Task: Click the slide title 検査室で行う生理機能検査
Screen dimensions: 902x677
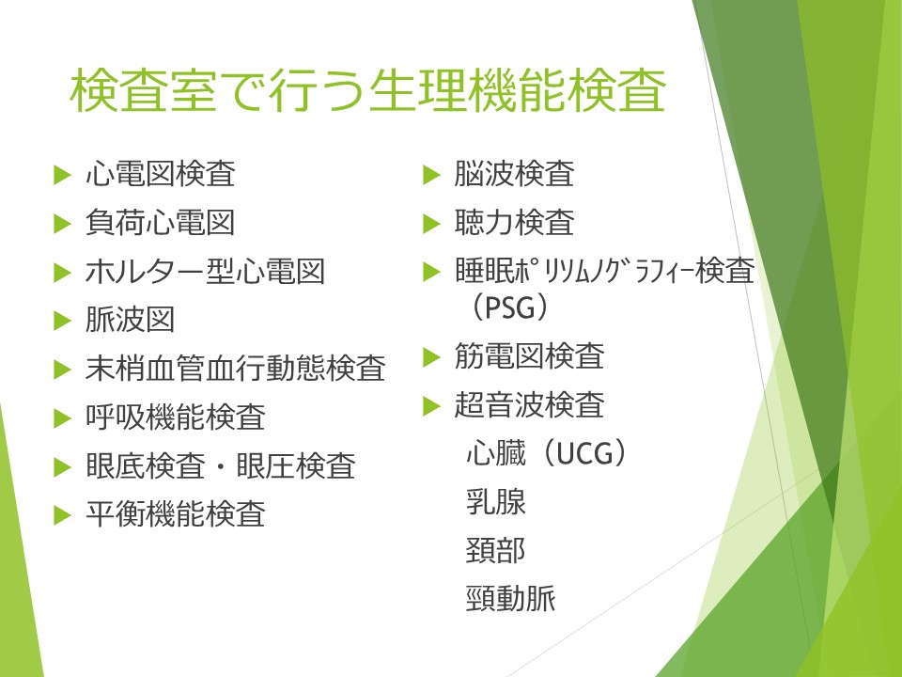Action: click(x=367, y=90)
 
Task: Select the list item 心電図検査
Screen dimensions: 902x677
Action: click(x=161, y=173)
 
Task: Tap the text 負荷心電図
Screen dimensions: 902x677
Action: click(x=161, y=222)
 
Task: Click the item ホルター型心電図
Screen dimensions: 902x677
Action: click(x=206, y=271)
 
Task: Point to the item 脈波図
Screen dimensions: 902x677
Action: click(x=130, y=320)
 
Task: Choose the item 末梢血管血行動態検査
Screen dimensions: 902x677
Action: click(x=235, y=369)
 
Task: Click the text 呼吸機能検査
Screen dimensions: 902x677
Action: click(x=176, y=417)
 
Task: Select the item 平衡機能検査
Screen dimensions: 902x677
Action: click(x=176, y=513)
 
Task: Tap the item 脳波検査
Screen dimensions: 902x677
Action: click(x=514, y=173)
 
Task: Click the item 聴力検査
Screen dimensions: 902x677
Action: click(x=514, y=222)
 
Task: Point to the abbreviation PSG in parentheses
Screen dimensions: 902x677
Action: click(x=509, y=307)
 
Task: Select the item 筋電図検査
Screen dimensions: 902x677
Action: click(x=529, y=355)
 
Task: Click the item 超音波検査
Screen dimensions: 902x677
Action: click(x=529, y=404)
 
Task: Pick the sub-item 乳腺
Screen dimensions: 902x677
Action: click(x=496, y=501)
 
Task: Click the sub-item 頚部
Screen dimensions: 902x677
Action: click(x=496, y=550)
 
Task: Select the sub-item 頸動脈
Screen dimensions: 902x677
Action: click(x=511, y=598)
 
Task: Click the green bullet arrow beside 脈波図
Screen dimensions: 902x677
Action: click(x=62, y=321)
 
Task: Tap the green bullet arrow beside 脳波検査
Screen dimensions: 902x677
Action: click(x=431, y=175)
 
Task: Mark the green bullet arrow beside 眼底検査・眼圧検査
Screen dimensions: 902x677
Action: click(x=62, y=467)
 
